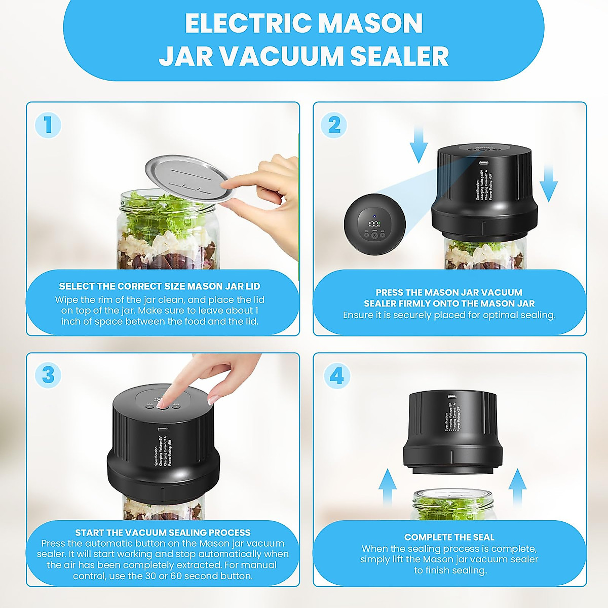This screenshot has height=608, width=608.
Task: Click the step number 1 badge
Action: pos(48,125)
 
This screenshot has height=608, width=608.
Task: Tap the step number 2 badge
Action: pos(334,125)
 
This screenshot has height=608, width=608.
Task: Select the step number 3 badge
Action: pos(48,375)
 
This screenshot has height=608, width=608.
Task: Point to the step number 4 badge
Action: pos(336,375)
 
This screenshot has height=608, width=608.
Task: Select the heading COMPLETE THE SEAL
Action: pos(449,537)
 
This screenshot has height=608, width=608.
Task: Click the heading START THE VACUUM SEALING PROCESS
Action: pos(163,533)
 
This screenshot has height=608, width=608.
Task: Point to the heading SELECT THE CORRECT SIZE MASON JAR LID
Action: pos(160,286)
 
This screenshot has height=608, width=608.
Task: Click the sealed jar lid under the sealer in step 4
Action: pos(450,494)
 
